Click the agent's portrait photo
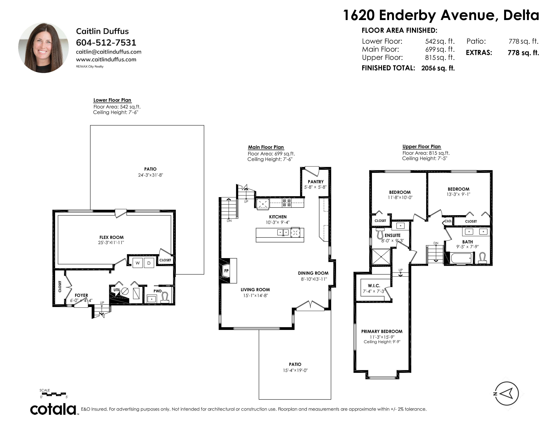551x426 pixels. pyautogui.click(x=43, y=48)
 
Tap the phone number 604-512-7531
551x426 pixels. pyautogui.click(x=106, y=43)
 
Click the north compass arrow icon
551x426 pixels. pyautogui.click(x=507, y=393)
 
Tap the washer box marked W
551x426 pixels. pyautogui.click(x=137, y=263)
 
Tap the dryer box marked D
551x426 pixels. pyautogui.click(x=149, y=263)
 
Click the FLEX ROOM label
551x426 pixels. pyautogui.click(x=112, y=237)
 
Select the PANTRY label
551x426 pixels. pyautogui.click(x=316, y=182)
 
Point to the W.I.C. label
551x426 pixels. pyautogui.click(x=374, y=286)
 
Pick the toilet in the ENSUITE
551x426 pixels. pyautogui.click(x=380, y=234)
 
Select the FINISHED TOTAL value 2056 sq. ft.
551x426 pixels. pyautogui.click(x=438, y=68)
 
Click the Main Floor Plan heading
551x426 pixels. pyautogui.click(x=266, y=147)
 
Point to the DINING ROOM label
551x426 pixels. pyautogui.click(x=313, y=273)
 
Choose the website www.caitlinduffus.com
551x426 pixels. pyautogui.click(x=106, y=60)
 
